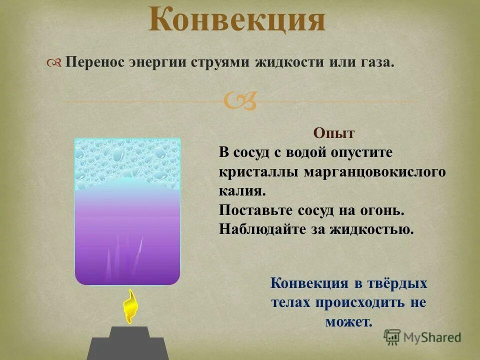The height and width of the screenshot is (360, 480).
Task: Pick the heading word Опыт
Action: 334,133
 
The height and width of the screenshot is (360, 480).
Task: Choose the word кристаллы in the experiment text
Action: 258,171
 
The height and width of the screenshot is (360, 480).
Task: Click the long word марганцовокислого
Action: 374,171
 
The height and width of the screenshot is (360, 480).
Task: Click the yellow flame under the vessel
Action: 130,305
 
